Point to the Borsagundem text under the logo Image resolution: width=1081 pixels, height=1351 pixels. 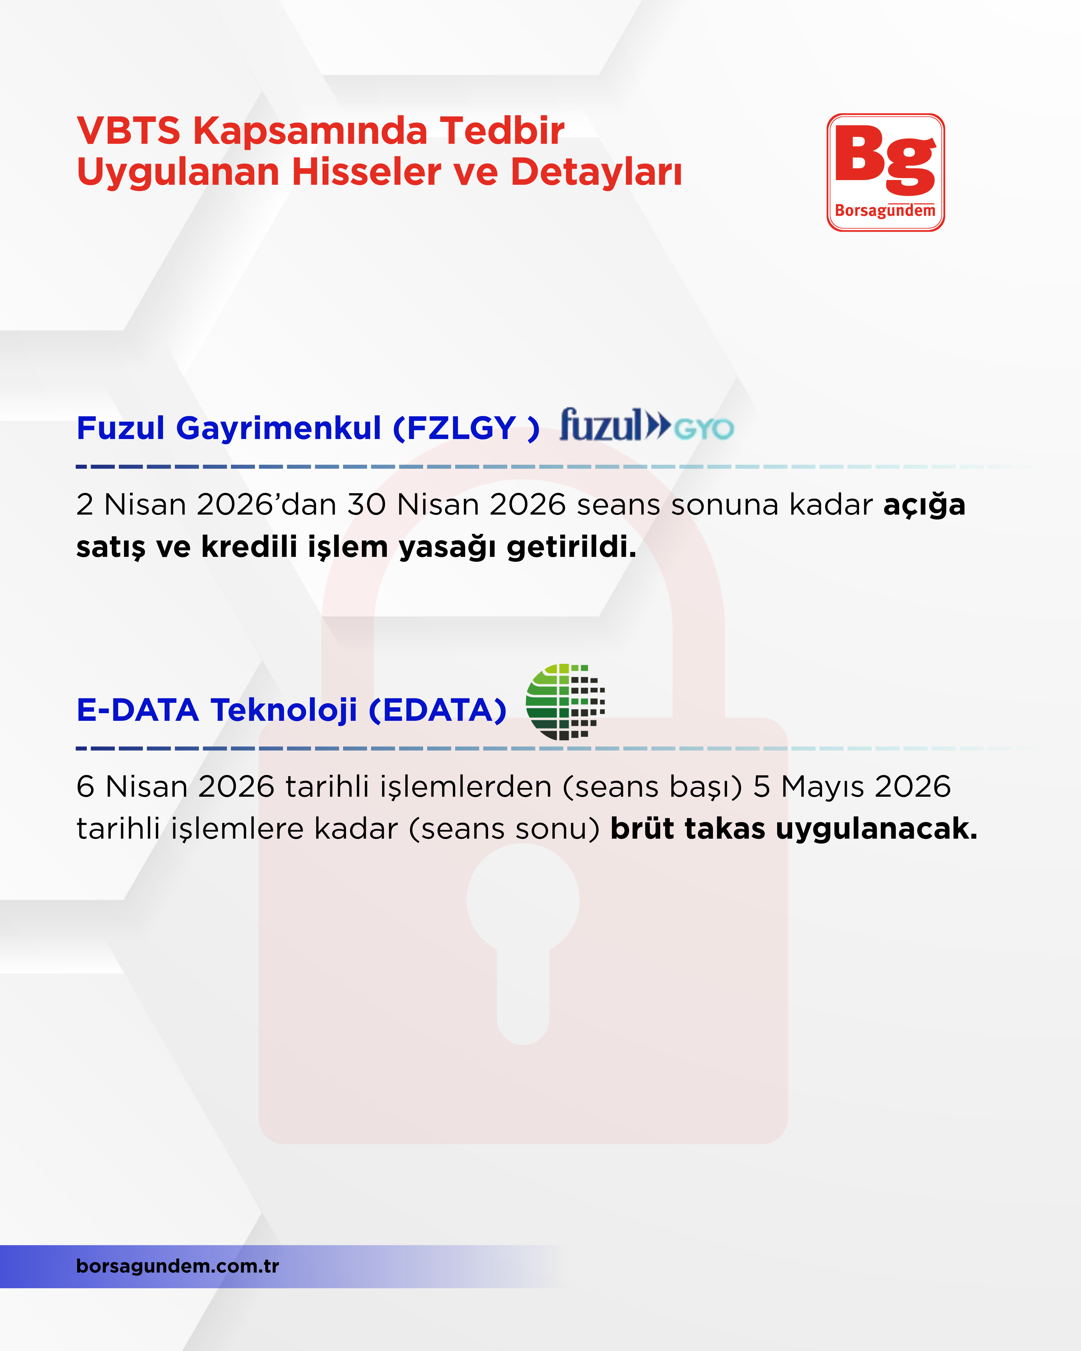pos(885,211)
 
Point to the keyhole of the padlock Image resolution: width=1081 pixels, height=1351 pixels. pos(523,927)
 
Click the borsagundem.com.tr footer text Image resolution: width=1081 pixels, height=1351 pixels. pos(177,1266)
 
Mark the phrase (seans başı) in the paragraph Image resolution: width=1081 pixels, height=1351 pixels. pos(652,787)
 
